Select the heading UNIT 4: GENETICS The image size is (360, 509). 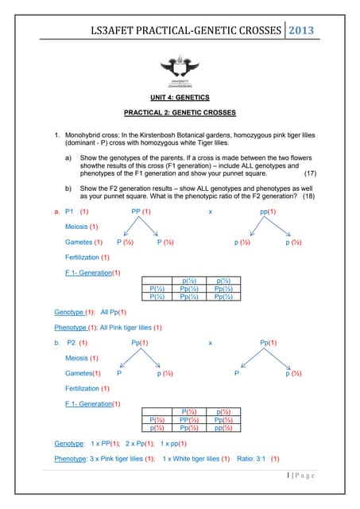[x=180, y=97]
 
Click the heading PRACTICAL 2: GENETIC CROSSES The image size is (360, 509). [x=180, y=115]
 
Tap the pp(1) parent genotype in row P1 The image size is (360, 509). [x=268, y=212]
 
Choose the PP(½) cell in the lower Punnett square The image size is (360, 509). [x=190, y=418]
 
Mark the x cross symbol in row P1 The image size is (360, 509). [x=210, y=212]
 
